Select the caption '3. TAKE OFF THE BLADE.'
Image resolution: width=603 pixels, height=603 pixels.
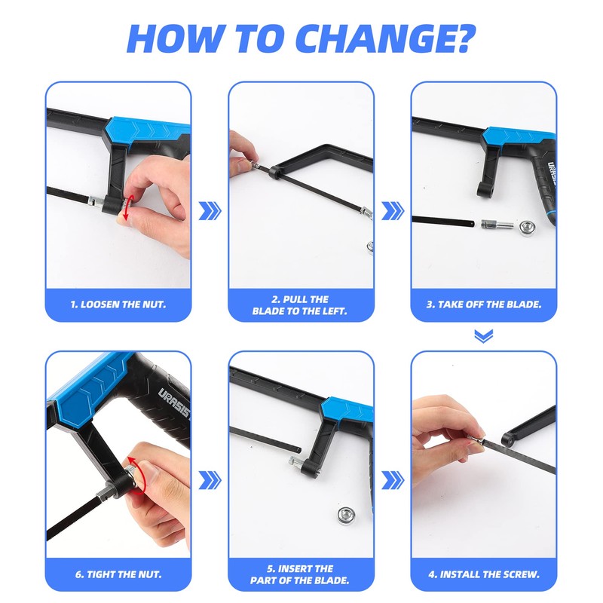[484, 305]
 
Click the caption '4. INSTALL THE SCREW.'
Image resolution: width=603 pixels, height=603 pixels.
[484, 574]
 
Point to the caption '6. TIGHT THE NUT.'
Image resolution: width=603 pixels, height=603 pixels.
[118, 574]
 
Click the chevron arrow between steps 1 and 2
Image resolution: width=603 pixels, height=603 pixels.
[210, 210]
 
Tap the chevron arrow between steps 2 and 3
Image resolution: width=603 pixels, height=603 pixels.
[392, 210]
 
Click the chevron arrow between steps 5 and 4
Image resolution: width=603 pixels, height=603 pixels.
[392, 479]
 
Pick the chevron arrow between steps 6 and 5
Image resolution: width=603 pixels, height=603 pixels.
[210, 479]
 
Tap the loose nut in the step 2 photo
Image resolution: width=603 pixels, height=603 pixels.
[370, 245]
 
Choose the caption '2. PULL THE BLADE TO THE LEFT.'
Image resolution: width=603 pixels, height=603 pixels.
[301, 305]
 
